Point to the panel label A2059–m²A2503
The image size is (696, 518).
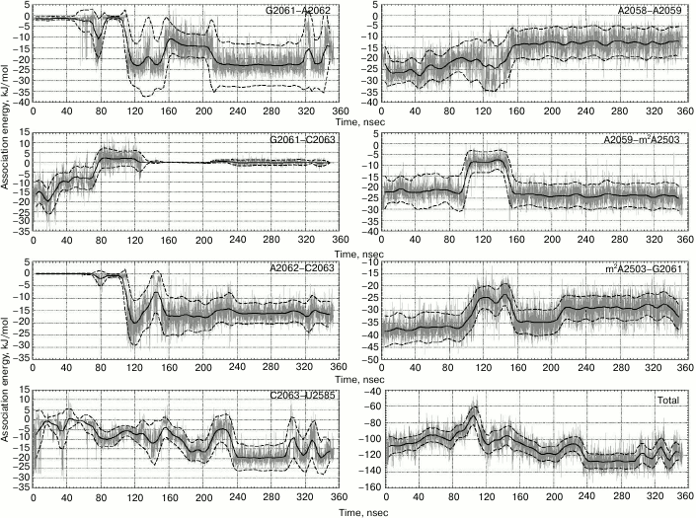point(642,140)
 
